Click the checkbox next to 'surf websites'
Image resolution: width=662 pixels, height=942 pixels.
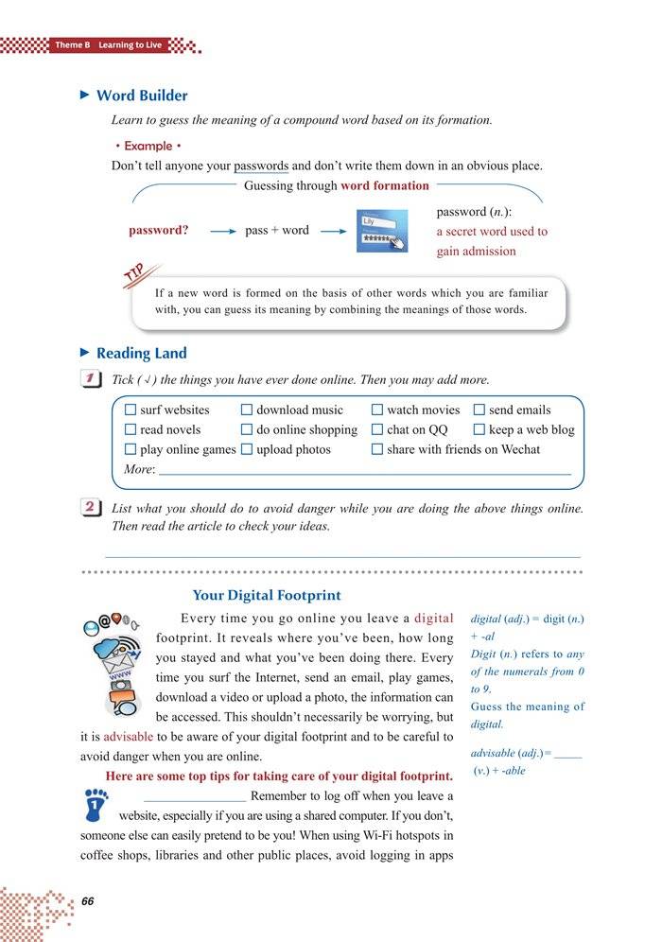point(131,410)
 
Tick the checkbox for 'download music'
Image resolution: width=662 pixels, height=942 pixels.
point(247,410)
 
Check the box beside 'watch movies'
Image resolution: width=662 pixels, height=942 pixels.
point(377,410)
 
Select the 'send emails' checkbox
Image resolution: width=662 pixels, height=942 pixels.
point(479,410)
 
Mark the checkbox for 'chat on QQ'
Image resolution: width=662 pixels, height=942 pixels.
point(377,430)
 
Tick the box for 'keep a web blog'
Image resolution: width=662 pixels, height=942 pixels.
point(479,430)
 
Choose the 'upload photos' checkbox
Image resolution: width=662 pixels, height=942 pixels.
point(247,450)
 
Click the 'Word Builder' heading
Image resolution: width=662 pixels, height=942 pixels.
point(142,96)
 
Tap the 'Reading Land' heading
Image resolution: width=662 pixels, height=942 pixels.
point(142,353)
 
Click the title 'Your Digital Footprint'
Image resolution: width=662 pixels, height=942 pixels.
point(267,596)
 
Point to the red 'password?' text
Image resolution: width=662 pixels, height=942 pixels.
point(158,230)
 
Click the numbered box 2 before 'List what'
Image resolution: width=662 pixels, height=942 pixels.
point(93,508)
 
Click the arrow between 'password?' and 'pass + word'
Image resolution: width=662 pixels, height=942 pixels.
point(221,231)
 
